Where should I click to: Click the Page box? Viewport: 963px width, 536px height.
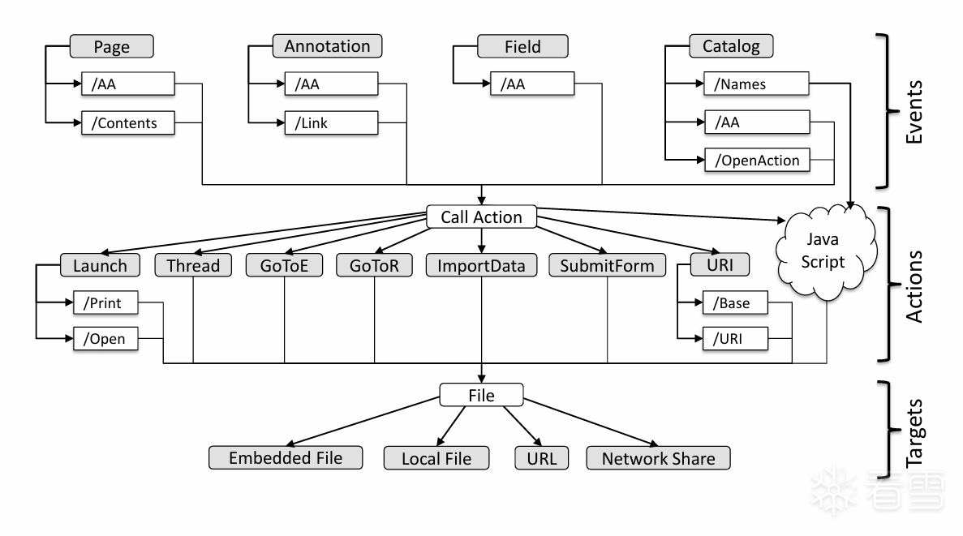click(112, 46)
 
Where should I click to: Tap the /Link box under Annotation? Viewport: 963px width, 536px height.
click(332, 124)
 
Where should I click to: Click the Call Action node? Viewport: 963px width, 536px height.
click(482, 217)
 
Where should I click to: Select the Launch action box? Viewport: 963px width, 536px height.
click(100, 265)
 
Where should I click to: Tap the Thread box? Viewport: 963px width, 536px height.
click(192, 265)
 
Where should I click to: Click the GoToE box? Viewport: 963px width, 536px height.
click(284, 265)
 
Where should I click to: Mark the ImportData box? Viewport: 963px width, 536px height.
click(481, 265)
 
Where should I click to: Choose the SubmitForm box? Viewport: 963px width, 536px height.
click(606, 265)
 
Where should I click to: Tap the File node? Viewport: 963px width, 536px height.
click(482, 395)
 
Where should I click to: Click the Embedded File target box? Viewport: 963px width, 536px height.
click(285, 457)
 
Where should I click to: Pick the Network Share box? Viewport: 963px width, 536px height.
click(658, 457)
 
